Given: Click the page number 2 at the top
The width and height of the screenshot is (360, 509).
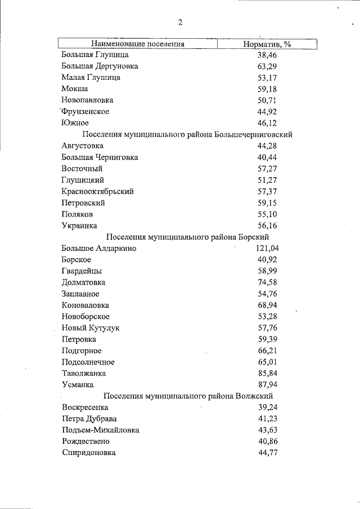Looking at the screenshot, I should [x=180, y=22].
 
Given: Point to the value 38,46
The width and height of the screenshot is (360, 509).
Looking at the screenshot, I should [x=267, y=55].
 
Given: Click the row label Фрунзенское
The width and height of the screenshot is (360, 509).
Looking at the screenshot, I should [x=85, y=111].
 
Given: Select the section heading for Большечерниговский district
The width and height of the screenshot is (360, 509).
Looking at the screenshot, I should [x=187, y=134].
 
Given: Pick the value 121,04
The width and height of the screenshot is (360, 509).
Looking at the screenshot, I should [x=265, y=248].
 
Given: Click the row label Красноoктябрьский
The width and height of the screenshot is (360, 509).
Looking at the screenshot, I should [x=98, y=191].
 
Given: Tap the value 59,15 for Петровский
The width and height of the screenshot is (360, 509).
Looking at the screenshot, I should [x=267, y=202].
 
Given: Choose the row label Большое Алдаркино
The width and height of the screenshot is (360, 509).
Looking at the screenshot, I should [x=98, y=248].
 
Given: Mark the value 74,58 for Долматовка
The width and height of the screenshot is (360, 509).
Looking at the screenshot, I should [x=267, y=282].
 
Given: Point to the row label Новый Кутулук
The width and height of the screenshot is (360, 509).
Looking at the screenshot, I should [x=91, y=328].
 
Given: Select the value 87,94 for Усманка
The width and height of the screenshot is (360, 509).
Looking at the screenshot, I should [x=267, y=385].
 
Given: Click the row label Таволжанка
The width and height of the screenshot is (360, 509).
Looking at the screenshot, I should [x=84, y=373].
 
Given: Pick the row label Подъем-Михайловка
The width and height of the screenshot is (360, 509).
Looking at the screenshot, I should [x=101, y=430].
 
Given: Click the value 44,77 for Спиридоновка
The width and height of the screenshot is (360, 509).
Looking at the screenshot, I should [x=267, y=453].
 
